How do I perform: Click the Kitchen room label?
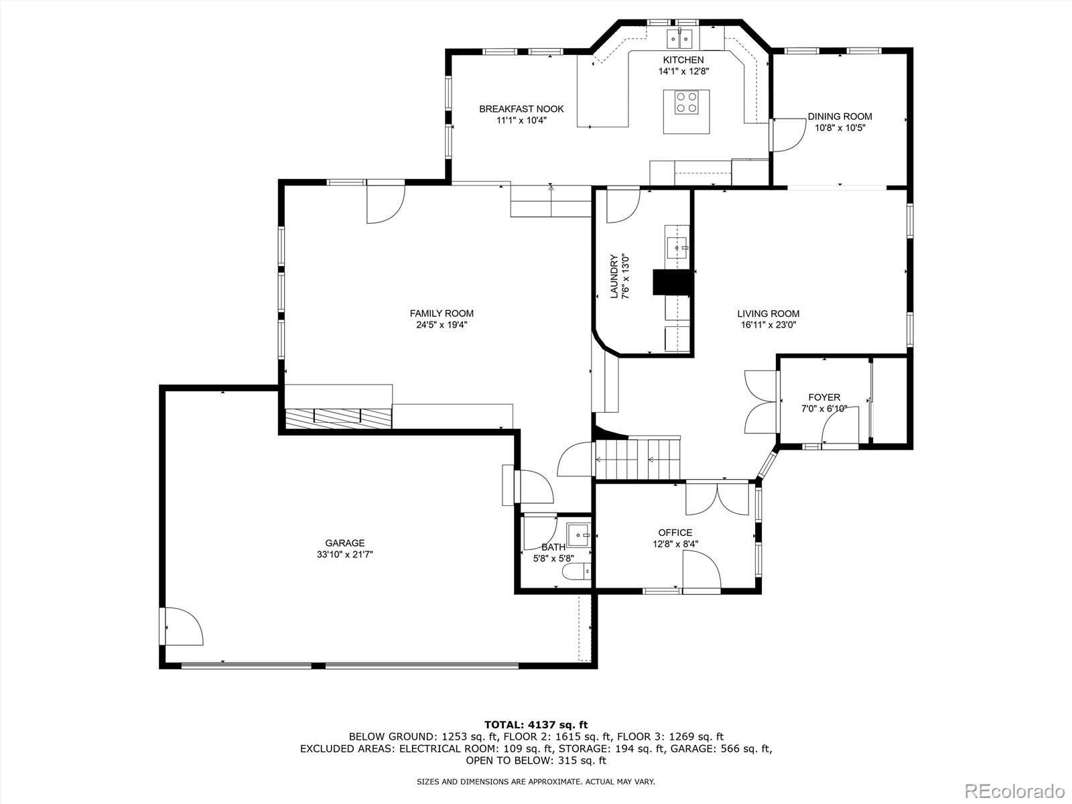[x=683, y=60]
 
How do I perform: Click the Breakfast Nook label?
[x=521, y=109]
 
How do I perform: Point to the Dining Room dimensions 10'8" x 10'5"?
[x=840, y=127]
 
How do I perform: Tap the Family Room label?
[x=442, y=314]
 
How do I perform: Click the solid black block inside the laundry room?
[x=671, y=282]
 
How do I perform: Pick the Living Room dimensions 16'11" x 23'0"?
[x=768, y=325]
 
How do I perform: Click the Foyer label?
[x=823, y=397]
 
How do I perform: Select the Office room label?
[x=675, y=533]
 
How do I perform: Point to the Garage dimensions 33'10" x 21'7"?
[x=345, y=555]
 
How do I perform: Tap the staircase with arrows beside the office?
[x=637, y=459]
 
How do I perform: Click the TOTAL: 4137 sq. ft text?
[x=535, y=724]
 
